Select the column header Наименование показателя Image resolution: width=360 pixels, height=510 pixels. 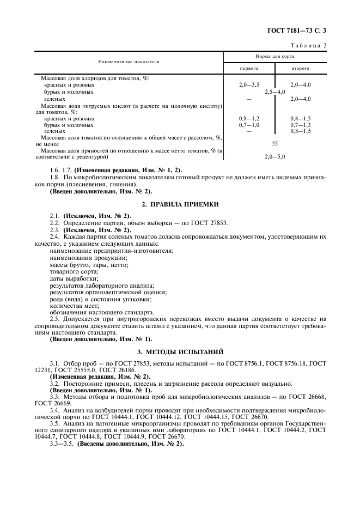coord(129,62)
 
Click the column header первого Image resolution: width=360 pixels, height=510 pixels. coord(249,69)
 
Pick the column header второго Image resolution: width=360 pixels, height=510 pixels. coord(300,69)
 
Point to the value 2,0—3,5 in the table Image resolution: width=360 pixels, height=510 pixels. coord(249,85)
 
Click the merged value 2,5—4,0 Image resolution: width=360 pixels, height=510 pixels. coord(274,92)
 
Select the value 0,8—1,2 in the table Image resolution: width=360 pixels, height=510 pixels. coord(249,118)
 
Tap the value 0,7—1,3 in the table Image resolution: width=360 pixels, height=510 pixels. coord(300,125)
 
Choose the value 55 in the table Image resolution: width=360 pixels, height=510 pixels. coord(274,144)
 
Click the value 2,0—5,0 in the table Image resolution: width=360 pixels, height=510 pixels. coord(274,156)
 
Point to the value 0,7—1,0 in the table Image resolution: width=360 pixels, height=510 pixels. coord(249,125)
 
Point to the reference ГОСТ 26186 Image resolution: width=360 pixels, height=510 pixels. coord(118,369)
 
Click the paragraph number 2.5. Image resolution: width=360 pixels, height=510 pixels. coord(55,319)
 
